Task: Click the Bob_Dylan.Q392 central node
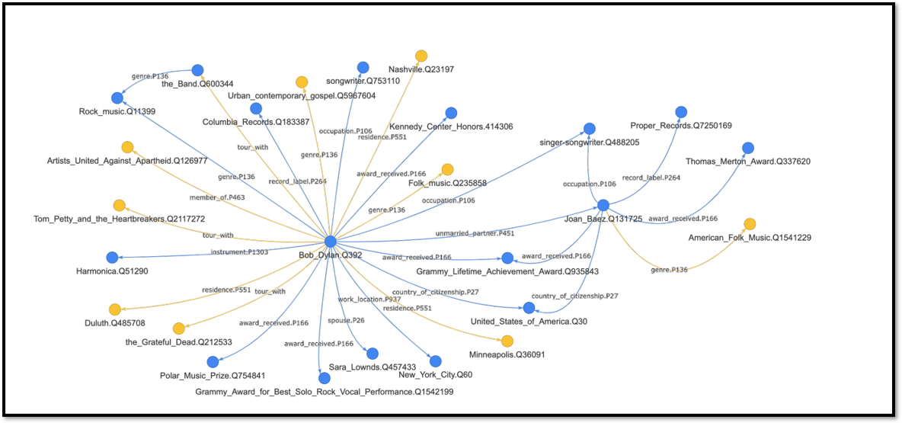[330, 241]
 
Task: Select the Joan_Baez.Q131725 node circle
[603, 205]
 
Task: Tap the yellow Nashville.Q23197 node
[421, 56]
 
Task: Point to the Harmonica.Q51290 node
[112, 258]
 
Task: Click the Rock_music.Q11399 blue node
[117, 98]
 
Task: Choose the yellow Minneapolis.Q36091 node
[507, 341]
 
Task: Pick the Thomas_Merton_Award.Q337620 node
[748, 148]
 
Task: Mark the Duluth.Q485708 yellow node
[115, 309]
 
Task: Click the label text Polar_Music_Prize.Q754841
[213, 376]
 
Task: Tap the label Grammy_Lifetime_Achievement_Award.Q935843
[507, 271]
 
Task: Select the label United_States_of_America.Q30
[529, 322]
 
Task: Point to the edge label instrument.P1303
[239, 252]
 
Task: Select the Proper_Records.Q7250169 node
[681, 112]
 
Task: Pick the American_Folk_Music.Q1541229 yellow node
[750, 224]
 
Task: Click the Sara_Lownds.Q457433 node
[372, 353]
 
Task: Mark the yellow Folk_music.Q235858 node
[447, 169]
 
